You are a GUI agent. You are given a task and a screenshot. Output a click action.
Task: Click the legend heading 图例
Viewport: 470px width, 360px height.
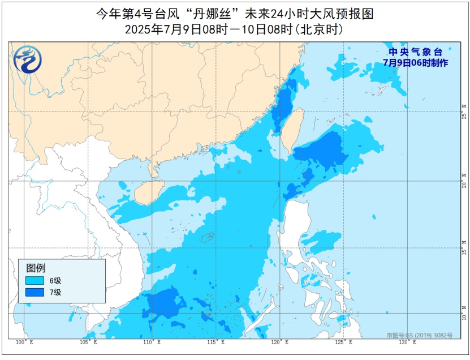(x=36, y=268)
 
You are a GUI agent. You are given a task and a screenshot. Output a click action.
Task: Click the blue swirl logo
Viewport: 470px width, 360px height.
(x=26, y=59)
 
